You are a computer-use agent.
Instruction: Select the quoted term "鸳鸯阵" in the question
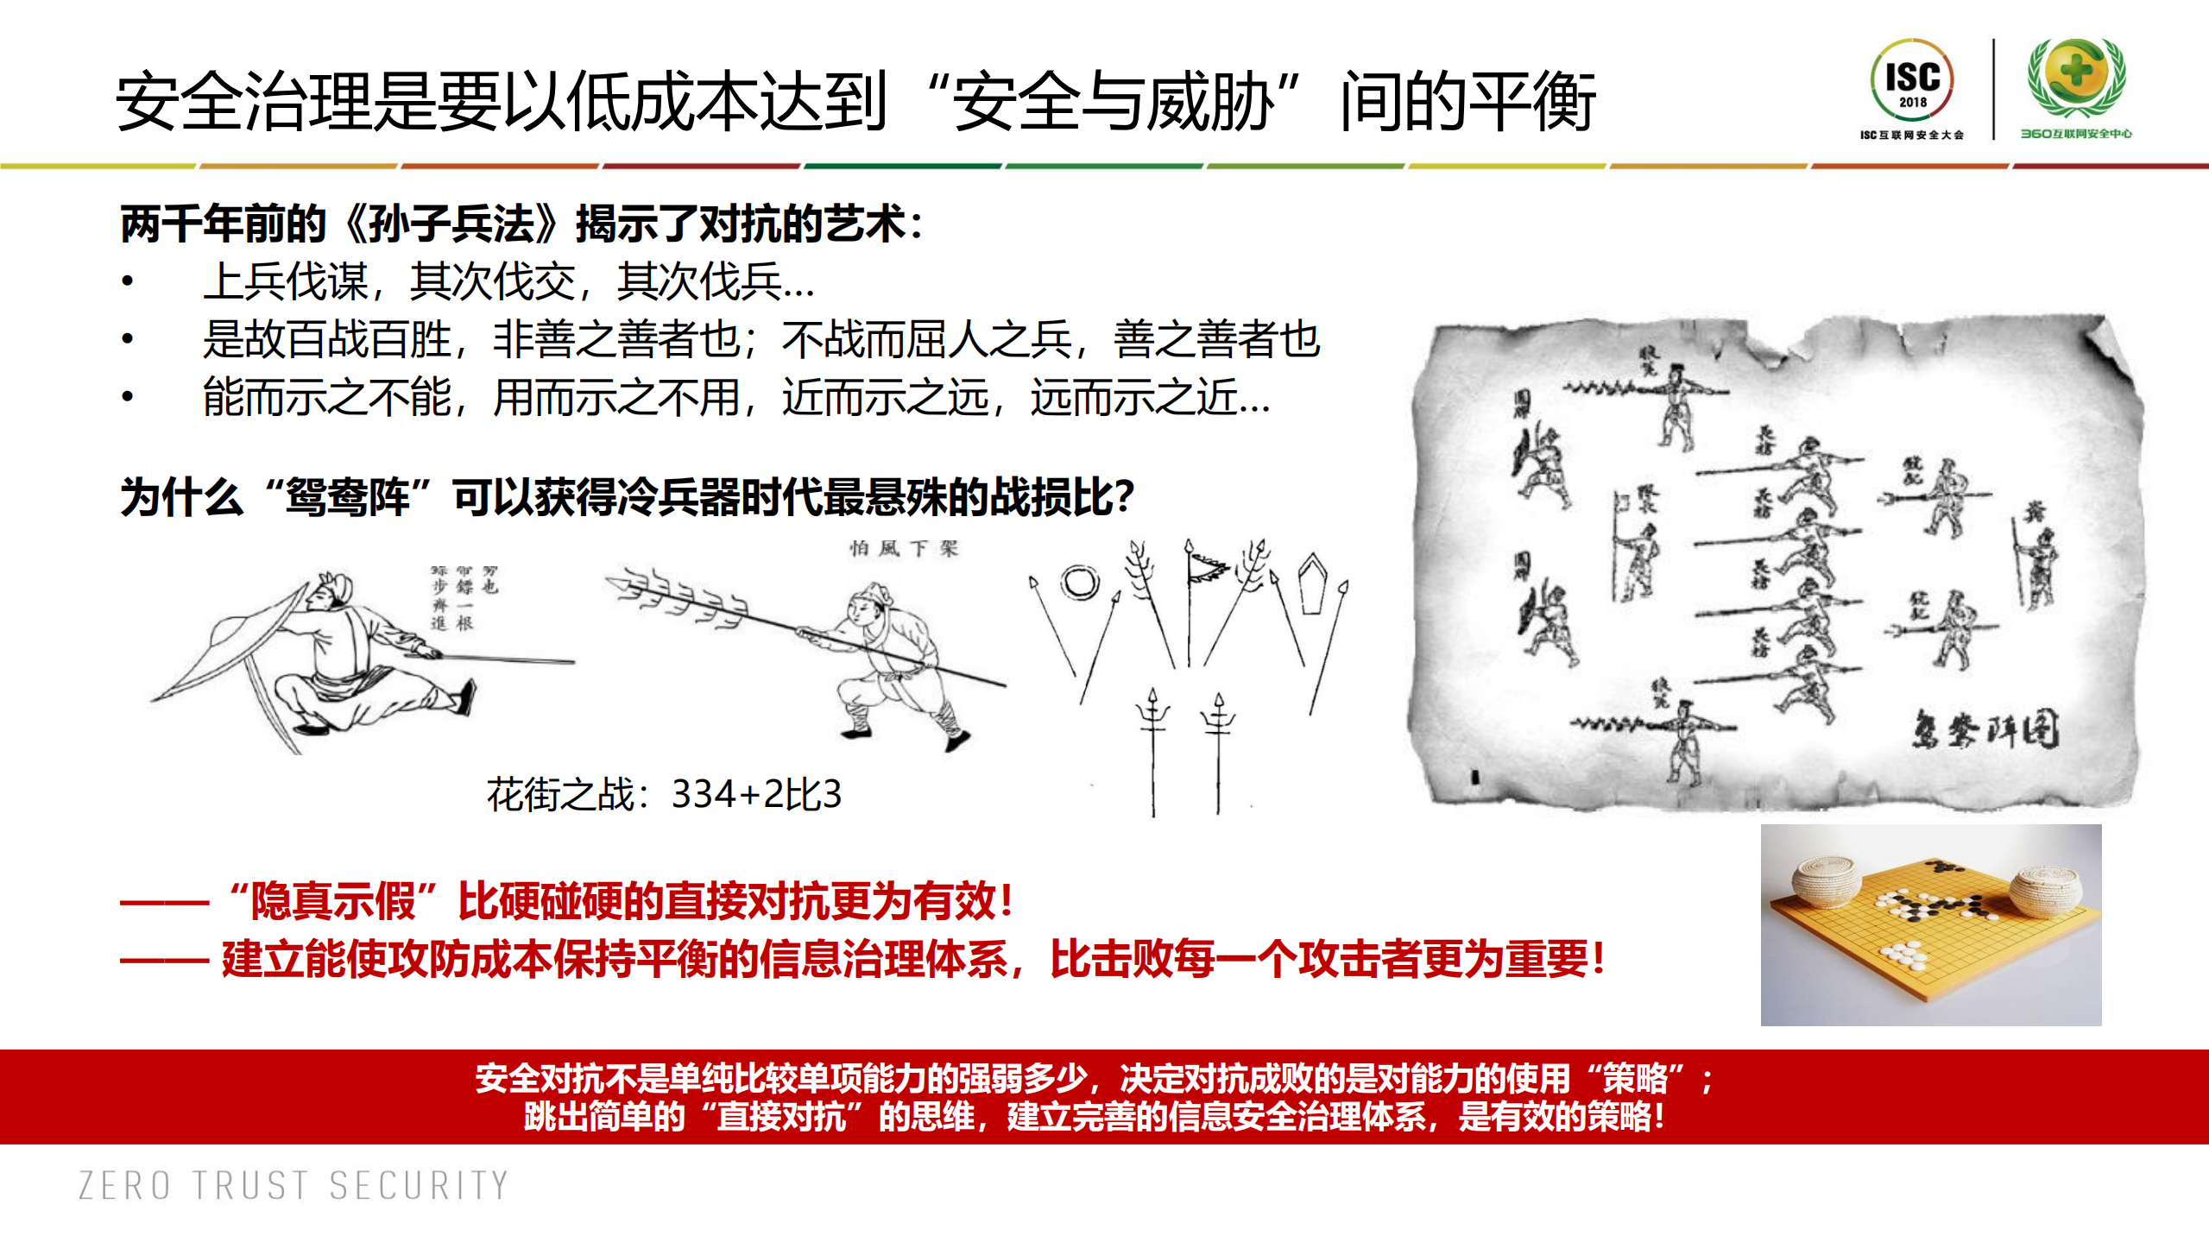(x=348, y=498)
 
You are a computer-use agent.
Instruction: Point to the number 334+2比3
(x=756, y=794)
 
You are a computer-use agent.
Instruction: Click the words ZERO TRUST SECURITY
(x=293, y=1186)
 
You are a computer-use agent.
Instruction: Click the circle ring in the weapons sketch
(x=1079, y=583)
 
